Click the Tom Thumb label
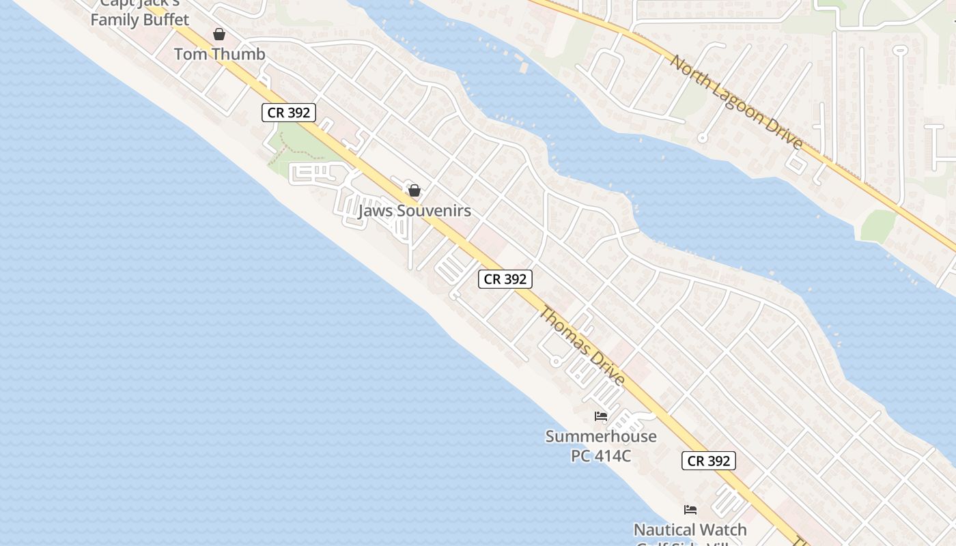coord(219,54)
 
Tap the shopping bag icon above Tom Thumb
coord(219,34)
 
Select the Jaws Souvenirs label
coord(414,211)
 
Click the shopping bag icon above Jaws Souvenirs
coord(414,190)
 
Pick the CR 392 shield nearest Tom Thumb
coord(289,113)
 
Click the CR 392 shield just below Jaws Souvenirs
coord(505,278)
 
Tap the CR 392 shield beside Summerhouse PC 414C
coord(709,461)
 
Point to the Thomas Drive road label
coord(582,346)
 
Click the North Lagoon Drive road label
coord(736,102)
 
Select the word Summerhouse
coord(601,436)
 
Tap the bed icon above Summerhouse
coord(601,416)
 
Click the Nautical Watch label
coord(690,530)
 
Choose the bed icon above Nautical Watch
coord(690,510)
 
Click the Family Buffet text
coord(140,20)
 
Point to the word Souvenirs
coord(434,211)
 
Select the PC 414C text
coord(601,455)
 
